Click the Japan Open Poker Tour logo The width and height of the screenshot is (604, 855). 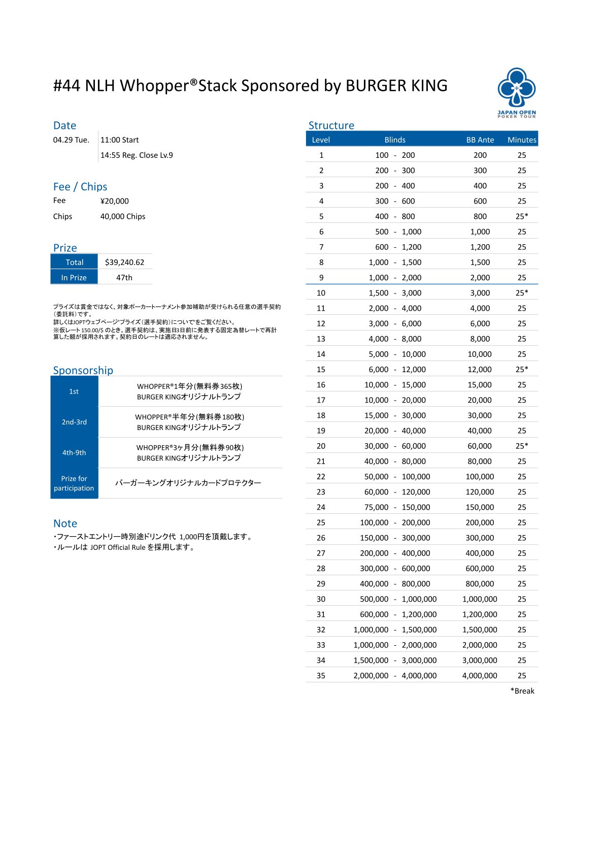click(x=516, y=92)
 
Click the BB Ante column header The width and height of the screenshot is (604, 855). click(x=480, y=140)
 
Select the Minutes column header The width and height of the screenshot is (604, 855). click(x=522, y=140)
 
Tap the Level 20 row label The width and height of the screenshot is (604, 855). click(x=321, y=446)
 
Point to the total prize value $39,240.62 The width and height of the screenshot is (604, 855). click(x=124, y=262)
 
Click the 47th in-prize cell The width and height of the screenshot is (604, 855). click(x=124, y=277)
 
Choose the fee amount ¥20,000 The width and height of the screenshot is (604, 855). click(x=115, y=201)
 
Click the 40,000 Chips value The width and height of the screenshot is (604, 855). click(x=123, y=216)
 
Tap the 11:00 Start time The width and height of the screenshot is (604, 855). click(x=119, y=140)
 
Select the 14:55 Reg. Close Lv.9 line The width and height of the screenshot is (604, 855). click(x=137, y=155)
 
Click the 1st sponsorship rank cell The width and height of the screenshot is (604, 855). click(x=74, y=391)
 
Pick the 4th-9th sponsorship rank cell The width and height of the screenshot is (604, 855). click(x=74, y=452)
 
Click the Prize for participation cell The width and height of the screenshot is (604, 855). click(x=74, y=483)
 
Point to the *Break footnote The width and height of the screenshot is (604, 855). click(x=522, y=690)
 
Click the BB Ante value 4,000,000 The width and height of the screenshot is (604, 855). click(x=480, y=675)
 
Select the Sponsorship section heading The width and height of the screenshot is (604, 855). click(x=83, y=370)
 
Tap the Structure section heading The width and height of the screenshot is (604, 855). click(x=331, y=125)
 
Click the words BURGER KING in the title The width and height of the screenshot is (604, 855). click(x=396, y=86)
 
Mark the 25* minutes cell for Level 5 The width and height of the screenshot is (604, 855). click(x=522, y=216)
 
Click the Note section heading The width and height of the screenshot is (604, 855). click(x=65, y=523)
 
